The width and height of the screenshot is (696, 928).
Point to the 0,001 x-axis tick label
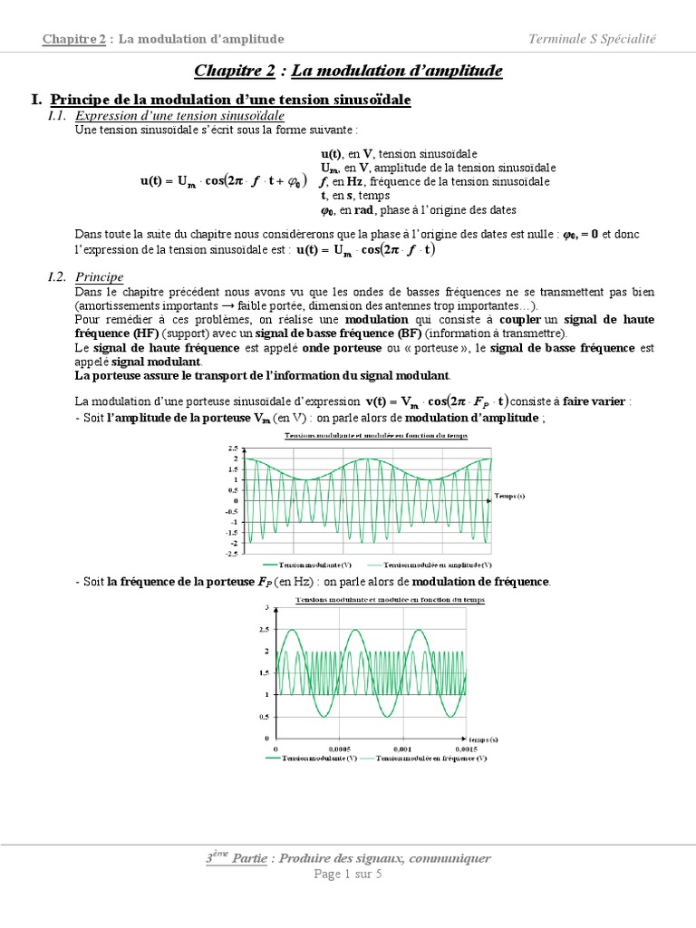[403, 749]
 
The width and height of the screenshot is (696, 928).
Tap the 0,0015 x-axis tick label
[465, 749]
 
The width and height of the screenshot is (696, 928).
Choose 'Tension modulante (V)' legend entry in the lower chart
[321, 759]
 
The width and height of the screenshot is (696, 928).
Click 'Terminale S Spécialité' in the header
[593, 38]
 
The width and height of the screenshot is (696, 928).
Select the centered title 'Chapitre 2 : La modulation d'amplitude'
[348, 71]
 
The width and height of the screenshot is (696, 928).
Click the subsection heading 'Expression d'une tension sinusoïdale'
[180, 117]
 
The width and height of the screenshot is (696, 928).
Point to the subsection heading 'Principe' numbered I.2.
[100, 276]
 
